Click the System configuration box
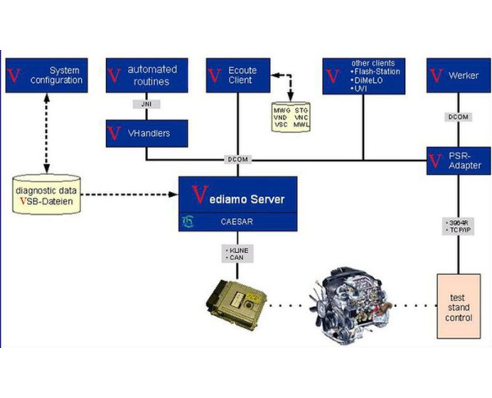tap(45, 75)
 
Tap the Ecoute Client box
tap(239, 75)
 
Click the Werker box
tap(458, 75)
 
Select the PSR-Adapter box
tap(458, 159)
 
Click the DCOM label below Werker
tap(458, 117)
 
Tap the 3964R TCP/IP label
tap(458, 226)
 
